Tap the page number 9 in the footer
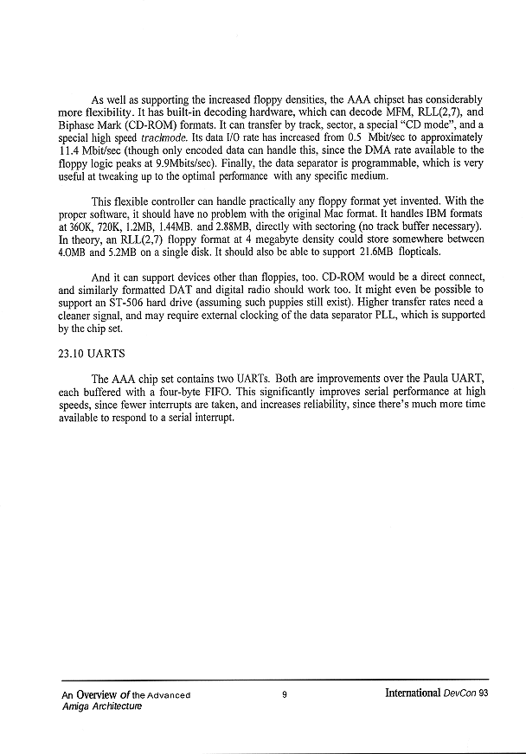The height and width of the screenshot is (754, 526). (x=284, y=694)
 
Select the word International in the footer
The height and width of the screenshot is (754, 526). (x=414, y=694)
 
